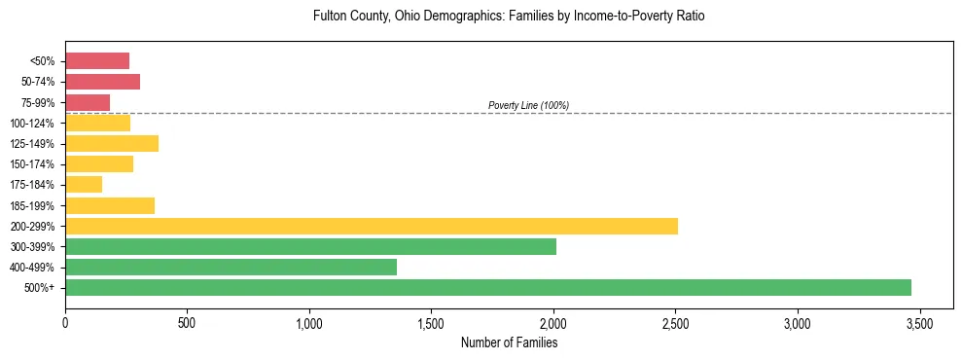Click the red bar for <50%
coord(97,60)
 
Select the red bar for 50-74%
coord(102,82)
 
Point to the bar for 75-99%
coord(88,102)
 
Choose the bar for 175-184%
coord(84,185)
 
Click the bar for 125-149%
coord(112,143)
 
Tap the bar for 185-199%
coord(110,205)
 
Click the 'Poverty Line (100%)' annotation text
coord(528,105)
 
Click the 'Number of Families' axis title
coord(509,342)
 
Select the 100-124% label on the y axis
coord(33,124)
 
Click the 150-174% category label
coord(33,164)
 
